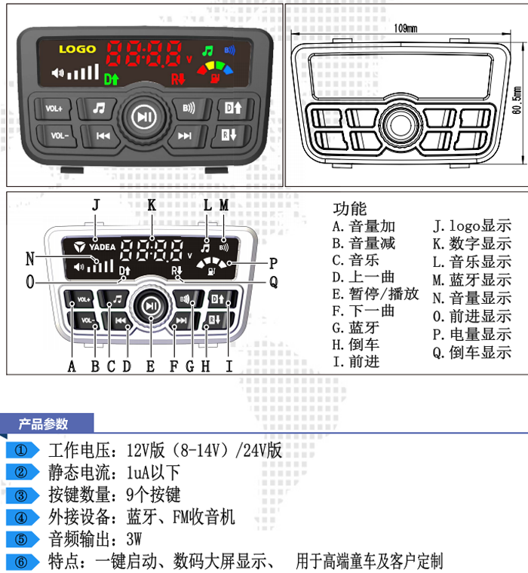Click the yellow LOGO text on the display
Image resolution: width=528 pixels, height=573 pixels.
[78, 50]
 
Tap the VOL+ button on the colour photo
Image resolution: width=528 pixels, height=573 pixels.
[54, 109]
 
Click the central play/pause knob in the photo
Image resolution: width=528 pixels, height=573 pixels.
[143, 117]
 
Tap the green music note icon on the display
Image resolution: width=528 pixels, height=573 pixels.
[207, 51]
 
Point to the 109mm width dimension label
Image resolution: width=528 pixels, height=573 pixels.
[406, 29]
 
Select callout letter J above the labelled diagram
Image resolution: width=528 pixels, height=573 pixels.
[95, 204]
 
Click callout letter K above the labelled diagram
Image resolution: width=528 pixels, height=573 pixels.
[152, 204]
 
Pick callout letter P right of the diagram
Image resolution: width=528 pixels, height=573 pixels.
[273, 263]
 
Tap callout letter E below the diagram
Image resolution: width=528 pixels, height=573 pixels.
[151, 366]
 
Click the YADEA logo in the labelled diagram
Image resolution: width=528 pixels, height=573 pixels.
[95, 246]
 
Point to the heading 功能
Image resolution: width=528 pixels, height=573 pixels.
[349, 209]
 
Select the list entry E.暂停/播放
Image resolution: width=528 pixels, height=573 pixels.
[375, 294]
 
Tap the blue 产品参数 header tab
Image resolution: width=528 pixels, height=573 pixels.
[45, 424]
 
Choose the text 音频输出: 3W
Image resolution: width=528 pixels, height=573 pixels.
[95, 539]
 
